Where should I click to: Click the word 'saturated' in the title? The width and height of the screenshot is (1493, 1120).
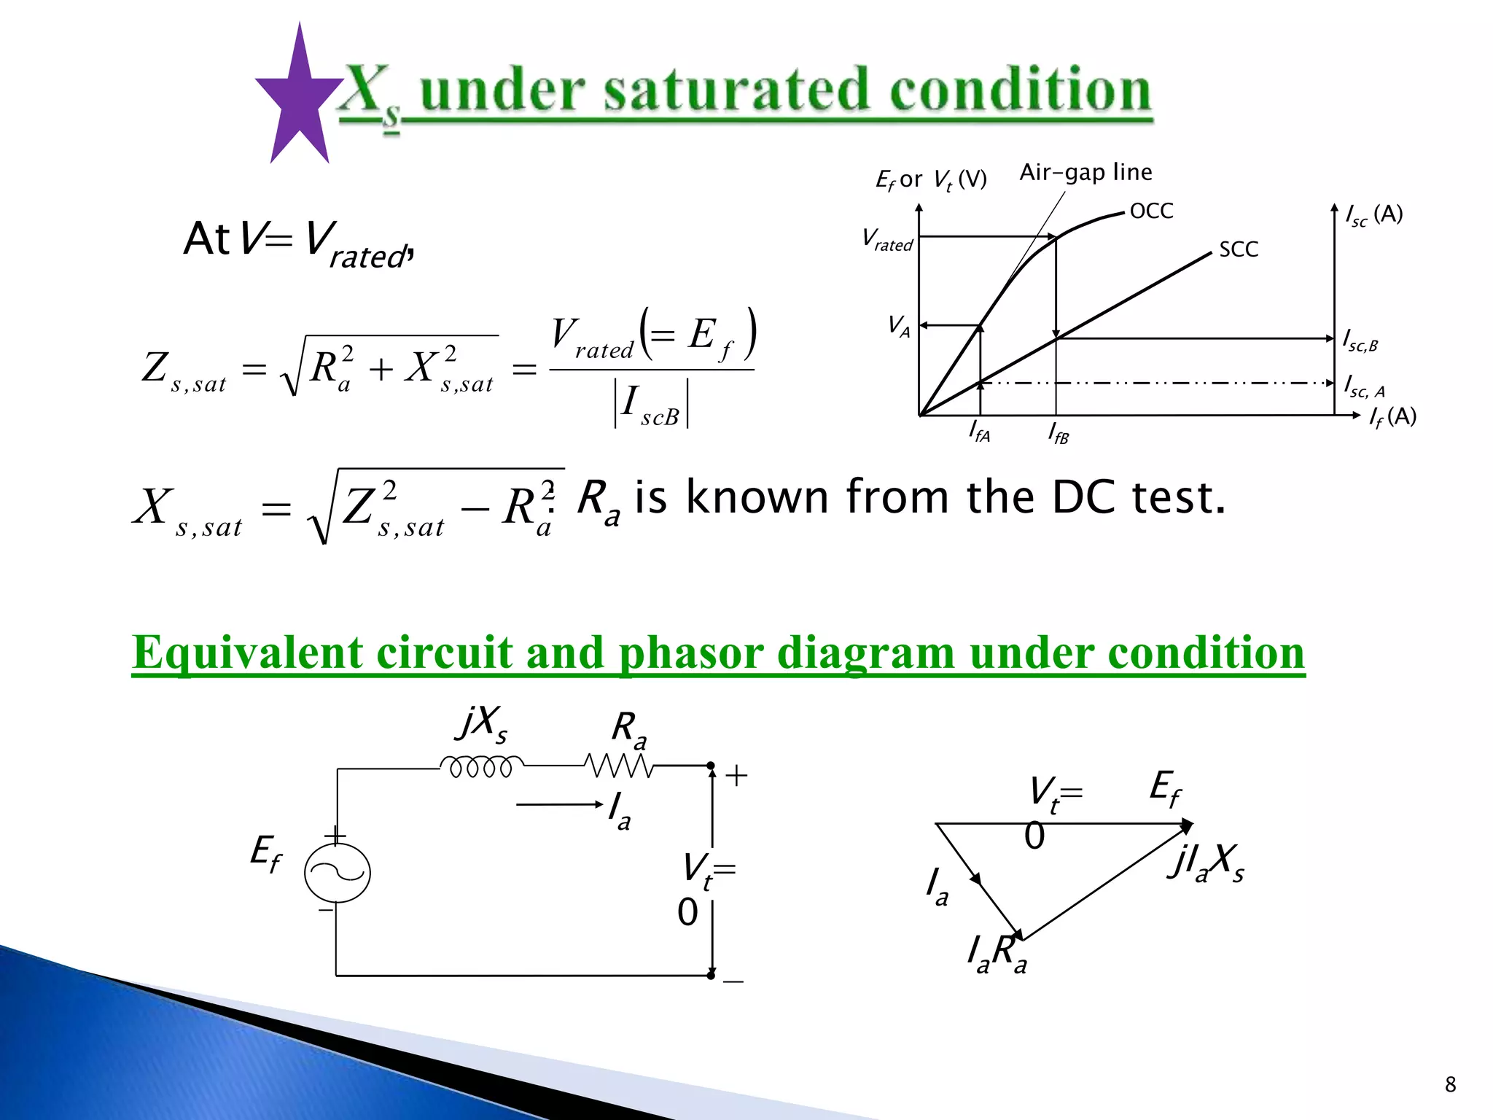coord(737,92)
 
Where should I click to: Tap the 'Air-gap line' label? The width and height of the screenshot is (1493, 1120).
coord(1085,173)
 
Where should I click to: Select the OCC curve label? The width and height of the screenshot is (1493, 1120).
coord(1151,211)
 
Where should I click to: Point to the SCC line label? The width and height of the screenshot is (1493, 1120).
coord(1239,249)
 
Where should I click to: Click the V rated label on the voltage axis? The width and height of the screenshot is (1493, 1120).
coord(887,240)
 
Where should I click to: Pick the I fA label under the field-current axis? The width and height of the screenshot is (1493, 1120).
coord(979,432)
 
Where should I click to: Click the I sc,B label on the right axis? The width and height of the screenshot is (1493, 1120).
coord(1360,341)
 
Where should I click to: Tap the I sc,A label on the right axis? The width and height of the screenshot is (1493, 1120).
coord(1364,386)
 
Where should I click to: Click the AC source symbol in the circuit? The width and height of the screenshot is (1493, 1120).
coord(337,872)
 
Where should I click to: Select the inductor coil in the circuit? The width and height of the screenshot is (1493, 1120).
coord(481,766)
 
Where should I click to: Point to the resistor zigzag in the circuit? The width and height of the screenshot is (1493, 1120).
coord(618,766)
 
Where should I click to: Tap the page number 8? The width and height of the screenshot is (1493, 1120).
coord(1450,1084)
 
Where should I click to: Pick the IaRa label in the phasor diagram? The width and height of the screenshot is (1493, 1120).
coord(997,954)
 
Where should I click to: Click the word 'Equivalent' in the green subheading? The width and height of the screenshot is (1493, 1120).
coord(247,652)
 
